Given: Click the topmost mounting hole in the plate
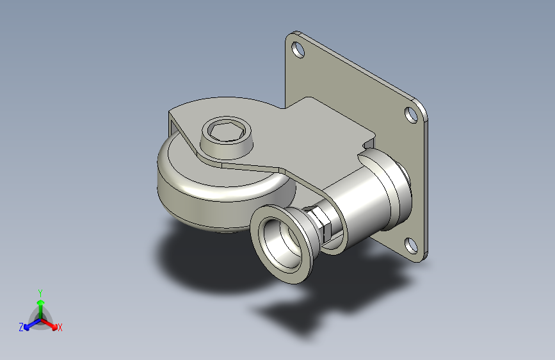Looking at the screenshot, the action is click(298, 49).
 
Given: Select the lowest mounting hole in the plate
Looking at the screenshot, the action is click(411, 246).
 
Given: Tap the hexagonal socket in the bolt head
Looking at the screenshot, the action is click(226, 131).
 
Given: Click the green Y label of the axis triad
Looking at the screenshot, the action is click(40, 293).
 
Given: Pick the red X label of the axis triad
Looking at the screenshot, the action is click(60, 327).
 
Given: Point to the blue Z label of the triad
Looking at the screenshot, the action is click(21, 327).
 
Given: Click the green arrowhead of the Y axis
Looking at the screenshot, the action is click(41, 303).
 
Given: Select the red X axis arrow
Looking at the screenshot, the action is click(49, 323).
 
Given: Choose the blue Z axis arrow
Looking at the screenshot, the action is click(33, 324).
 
